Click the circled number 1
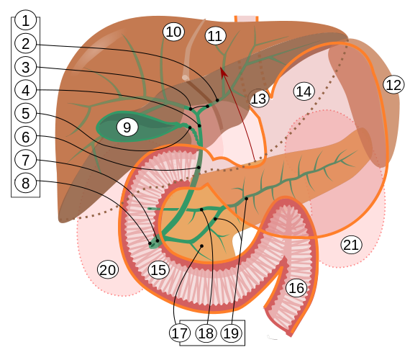25,20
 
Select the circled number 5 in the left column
25,113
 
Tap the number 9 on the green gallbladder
127,127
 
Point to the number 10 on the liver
173,32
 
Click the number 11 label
216,36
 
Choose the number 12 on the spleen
393,84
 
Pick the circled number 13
259,99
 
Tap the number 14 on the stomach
304,91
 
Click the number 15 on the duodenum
159,270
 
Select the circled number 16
296,288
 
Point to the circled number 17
180,333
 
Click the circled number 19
232,333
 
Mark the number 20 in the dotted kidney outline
108,270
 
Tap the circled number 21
352,245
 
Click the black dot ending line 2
217,100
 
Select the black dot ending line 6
199,167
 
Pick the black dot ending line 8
150,243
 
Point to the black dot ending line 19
246,199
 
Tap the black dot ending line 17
201,246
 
